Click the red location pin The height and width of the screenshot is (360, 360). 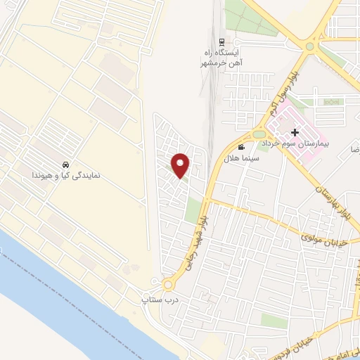181,165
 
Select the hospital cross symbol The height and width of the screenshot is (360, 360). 295,131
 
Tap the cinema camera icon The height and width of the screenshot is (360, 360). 242,147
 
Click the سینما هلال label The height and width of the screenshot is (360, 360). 240,159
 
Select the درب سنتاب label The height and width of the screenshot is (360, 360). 157,300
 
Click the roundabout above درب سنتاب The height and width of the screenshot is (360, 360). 168,285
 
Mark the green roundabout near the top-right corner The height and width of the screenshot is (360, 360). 309,46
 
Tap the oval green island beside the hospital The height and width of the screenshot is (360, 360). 259,134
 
